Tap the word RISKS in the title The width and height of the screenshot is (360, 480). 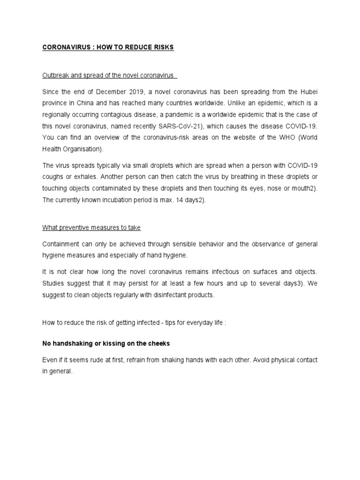tap(162, 48)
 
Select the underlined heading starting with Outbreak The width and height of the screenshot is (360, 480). tap(109, 75)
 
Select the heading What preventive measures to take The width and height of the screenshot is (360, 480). tap(91, 228)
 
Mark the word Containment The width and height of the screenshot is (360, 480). tap(61, 245)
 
